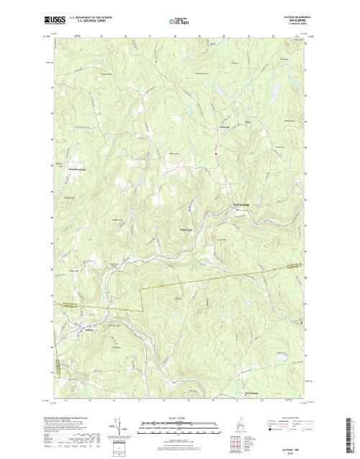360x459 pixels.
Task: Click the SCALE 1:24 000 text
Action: click(x=168, y=418)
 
